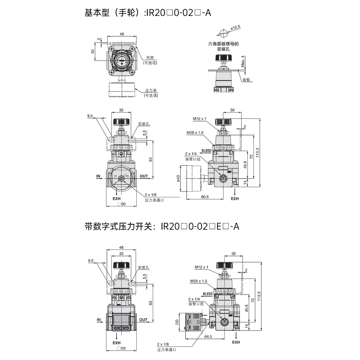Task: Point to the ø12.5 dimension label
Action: point(235,28)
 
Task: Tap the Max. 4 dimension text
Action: point(243,61)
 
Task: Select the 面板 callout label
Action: point(246,80)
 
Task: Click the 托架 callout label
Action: point(150,58)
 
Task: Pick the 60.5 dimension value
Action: point(205,197)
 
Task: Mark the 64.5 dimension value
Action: point(208,336)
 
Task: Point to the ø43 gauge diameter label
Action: point(178,179)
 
